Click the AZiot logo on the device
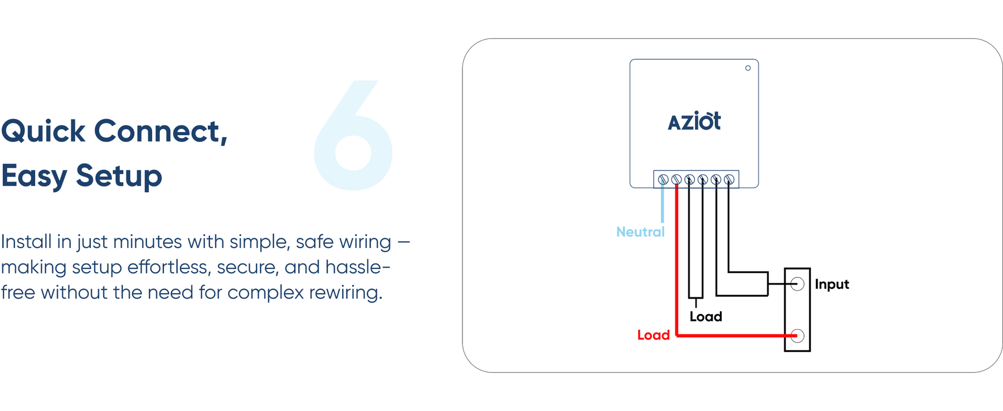[x=694, y=121]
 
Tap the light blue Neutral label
[x=640, y=232]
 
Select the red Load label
[x=653, y=335]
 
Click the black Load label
[x=705, y=316]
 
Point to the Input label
[x=831, y=284]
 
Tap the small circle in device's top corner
[x=748, y=68]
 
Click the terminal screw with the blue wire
[x=663, y=179]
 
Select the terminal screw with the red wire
[x=676, y=179]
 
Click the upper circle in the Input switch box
[x=797, y=284]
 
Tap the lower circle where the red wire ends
[x=797, y=336]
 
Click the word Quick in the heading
[x=43, y=132]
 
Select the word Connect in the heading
[x=160, y=132]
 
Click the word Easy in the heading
[x=34, y=177]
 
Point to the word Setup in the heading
[x=119, y=177]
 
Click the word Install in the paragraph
[x=26, y=242]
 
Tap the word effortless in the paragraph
[x=169, y=267]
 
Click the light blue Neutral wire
[x=663, y=203]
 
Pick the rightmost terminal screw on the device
[x=729, y=179]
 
